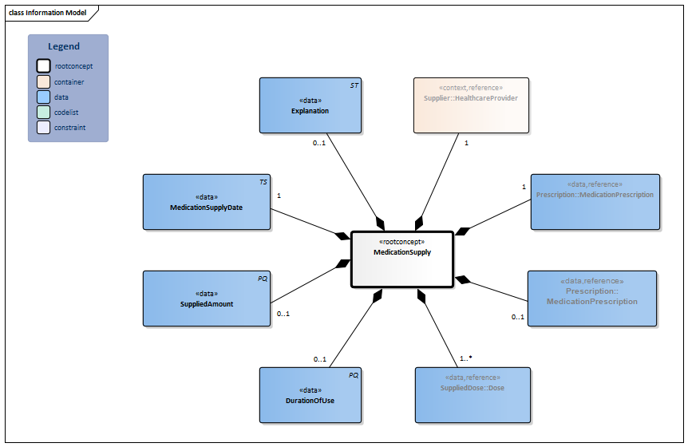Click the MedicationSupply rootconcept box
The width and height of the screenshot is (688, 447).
pyautogui.click(x=402, y=259)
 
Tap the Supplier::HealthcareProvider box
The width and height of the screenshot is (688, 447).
pyautogui.click(x=470, y=105)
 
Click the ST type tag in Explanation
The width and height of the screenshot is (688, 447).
pyautogui.click(x=354, y=85)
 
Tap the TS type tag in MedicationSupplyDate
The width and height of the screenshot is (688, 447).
pyautogui.click(x=263, y=182)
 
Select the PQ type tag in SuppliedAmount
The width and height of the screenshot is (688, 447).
pyautogui.click(x=263, y=279)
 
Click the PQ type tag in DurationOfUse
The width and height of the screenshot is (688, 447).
pyautogui.click(x=354, y=374)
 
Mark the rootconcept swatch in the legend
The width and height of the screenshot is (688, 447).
pyautogui.click(x=43, y=66)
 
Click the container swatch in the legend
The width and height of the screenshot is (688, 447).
pyautogui.click(x=43, y=81)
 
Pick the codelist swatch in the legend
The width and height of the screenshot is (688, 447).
pyautogui.click(x=43, y=112)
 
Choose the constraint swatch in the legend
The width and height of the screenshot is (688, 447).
pyautogui.click(x=43, y=127)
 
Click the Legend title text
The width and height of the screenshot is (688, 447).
pyautogui.click(x=64, y=47)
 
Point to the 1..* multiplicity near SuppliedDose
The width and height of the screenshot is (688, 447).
pyautogui.click(x=466, y=358)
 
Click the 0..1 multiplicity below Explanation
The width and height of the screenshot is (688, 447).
pyautogui.click(x=318, y=144)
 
